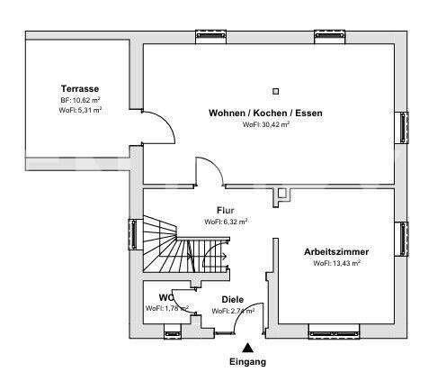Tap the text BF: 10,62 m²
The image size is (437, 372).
[x=80, y=100]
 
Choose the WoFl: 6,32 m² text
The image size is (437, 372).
[x=226, y=221]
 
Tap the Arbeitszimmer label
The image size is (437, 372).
[x=337, y=252]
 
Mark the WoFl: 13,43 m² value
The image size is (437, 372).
[x=337, y=264]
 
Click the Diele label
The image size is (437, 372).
[x=233, y=300]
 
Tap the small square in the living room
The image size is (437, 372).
[x=276, y=90]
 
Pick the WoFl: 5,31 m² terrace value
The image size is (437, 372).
[x=80, y=110]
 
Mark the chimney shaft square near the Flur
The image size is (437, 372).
[x=282, y=193]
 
